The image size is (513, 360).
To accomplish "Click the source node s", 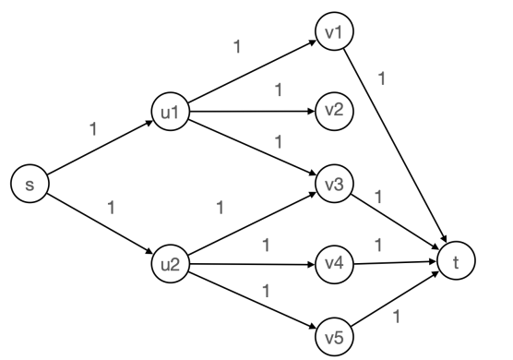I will click(30, 186).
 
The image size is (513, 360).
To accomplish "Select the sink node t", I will click(455, 263).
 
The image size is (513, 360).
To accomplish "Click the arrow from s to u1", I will click(98, 150).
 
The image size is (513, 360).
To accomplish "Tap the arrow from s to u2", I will click(98, 224).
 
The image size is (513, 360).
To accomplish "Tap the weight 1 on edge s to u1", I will click(92, 128).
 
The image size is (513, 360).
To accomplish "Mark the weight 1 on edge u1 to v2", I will click(278, 92).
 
